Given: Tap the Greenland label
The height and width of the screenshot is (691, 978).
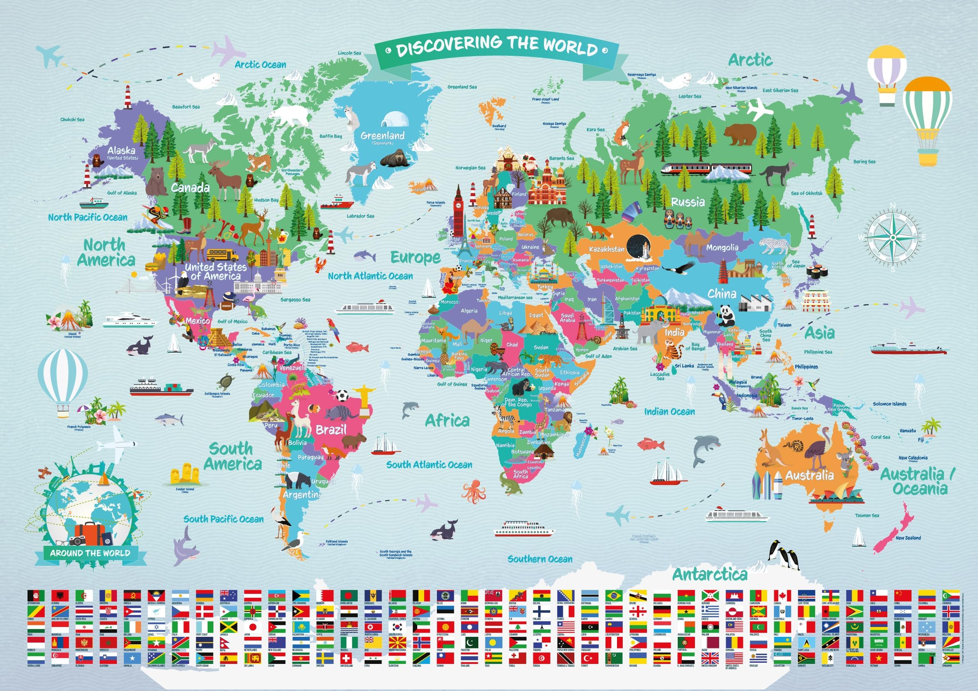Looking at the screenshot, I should coord(382,136).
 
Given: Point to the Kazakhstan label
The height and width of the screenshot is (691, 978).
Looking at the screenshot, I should coord(606,249).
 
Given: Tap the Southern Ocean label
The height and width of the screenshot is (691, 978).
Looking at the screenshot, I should coord(540,559).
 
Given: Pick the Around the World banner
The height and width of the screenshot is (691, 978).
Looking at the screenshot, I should coord(90,554).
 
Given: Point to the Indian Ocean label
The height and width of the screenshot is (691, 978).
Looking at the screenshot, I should coord(669,412).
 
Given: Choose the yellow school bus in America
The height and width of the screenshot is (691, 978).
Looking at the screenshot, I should coord(222,254).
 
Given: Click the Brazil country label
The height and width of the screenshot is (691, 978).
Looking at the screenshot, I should coord(331,430).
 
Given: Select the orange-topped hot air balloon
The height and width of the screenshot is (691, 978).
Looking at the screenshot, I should coord(927,119).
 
